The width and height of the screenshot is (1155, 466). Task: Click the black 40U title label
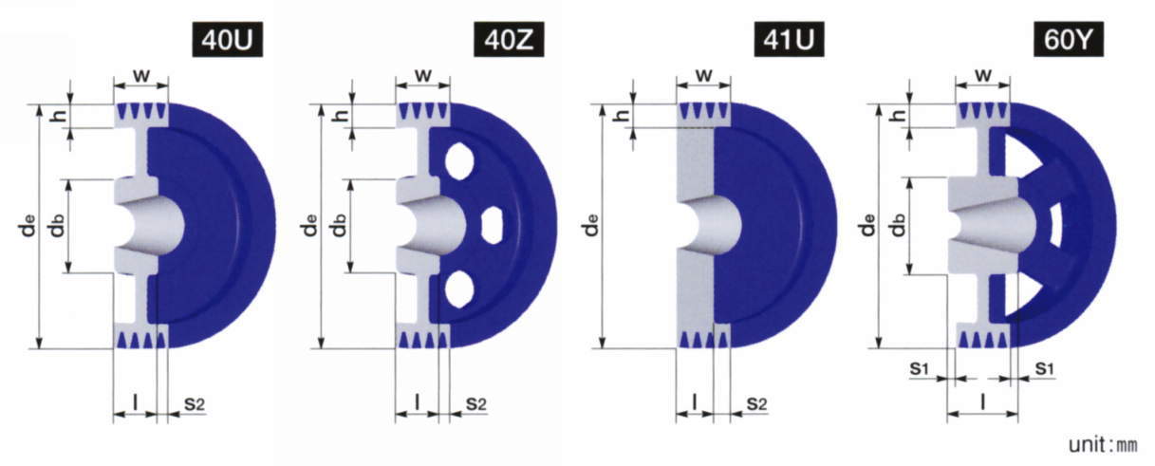pos(228,39)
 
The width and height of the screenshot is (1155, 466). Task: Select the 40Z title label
pos(509,39)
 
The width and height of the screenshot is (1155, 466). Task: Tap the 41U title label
pos(789,39)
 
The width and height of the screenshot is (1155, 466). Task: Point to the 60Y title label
pos(1069,39)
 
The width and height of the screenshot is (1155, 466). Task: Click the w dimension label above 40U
pos(141,76)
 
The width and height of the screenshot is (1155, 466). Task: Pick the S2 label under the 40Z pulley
pos(475,404)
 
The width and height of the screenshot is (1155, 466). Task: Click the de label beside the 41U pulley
pos(592,225)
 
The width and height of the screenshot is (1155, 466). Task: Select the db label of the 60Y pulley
pos(898,225)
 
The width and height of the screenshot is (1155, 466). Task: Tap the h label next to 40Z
pos(341,116)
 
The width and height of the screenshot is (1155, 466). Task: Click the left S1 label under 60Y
pos(919,368)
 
